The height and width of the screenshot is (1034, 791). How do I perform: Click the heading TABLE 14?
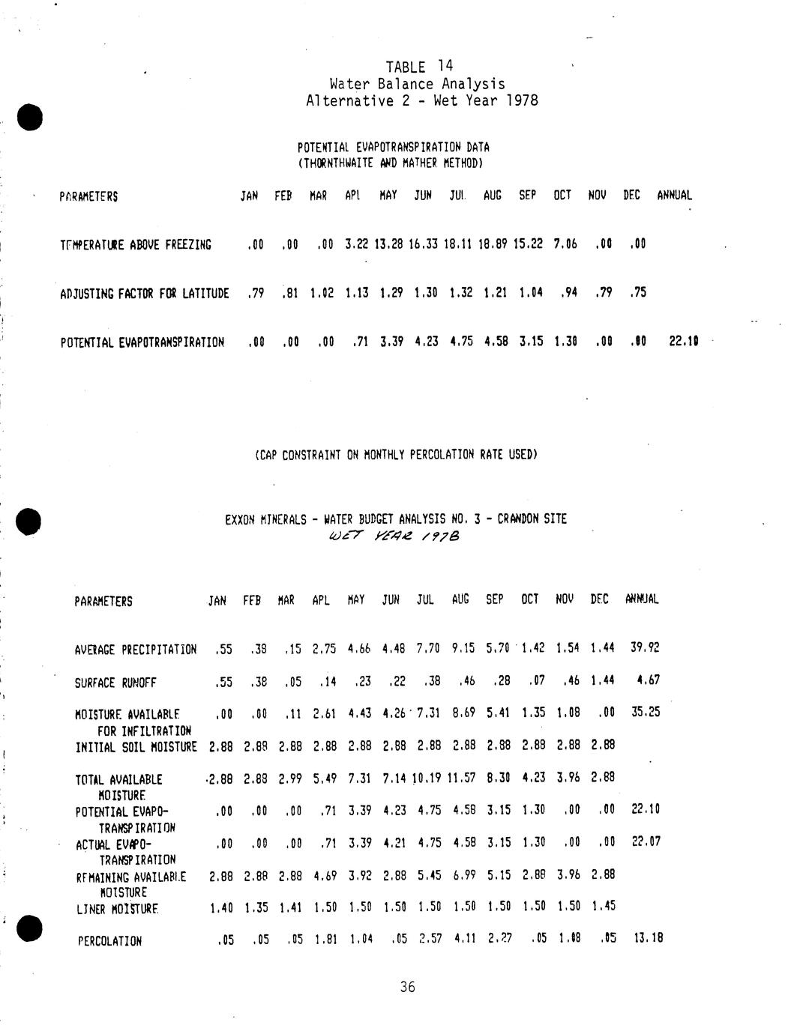(419, 67)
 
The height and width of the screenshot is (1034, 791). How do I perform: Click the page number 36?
(407, 987)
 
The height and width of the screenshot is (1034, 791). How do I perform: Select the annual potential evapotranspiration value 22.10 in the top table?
(683, 342)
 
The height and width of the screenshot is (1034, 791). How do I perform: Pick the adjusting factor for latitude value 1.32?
(460, 292)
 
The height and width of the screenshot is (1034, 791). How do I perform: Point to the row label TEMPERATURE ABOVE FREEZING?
(136, 244)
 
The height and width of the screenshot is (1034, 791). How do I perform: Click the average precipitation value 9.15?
(462, 647)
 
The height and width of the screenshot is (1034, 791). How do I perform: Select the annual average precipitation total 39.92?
(645, 647)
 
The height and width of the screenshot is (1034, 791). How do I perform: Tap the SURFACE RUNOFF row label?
(115, 683)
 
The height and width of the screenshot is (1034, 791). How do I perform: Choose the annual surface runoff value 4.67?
(647, 680)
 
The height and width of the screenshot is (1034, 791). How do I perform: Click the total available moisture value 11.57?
(462, 778)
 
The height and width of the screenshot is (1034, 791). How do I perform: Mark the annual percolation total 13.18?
(648, 937)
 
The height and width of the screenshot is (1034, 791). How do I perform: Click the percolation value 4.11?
(466, 938)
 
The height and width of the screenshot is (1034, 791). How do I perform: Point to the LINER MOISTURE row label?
(117, 909)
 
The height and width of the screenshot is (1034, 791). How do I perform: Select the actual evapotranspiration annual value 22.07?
(646, 841)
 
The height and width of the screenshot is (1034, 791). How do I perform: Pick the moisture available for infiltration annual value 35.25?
(646, 712)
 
